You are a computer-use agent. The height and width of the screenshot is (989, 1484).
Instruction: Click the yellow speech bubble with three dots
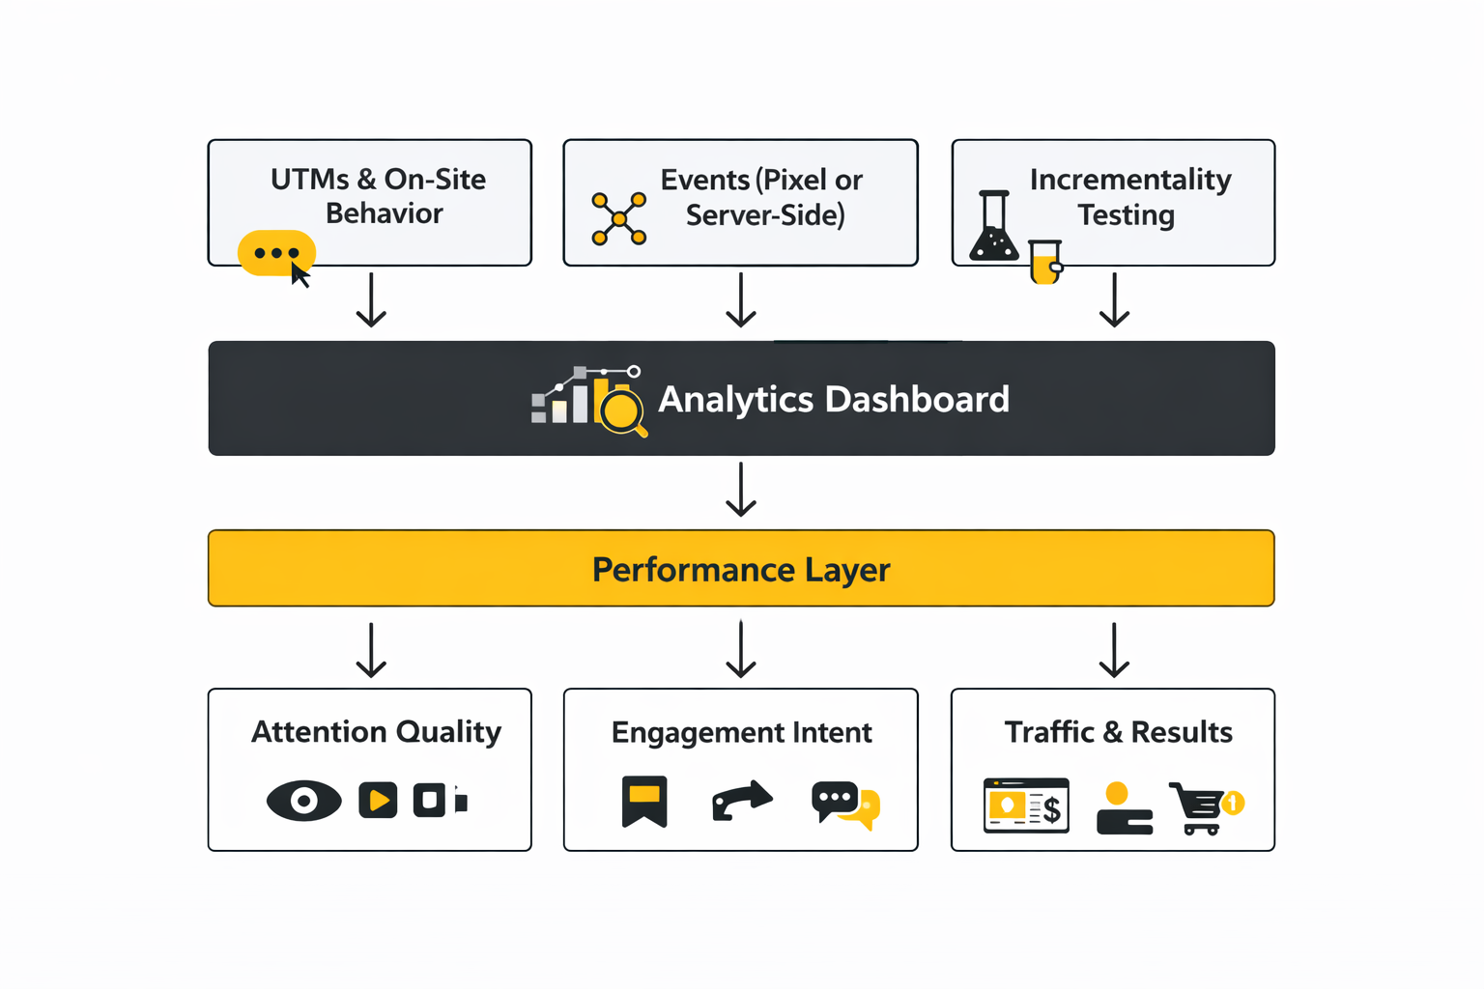[x=276, y=253]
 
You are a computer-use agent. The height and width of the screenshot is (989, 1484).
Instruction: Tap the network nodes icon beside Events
[x=618, y=218]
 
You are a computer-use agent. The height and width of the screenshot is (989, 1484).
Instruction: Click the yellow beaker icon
[x=1044, y=262]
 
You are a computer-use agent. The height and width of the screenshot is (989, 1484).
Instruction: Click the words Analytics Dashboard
[x=833, y=399]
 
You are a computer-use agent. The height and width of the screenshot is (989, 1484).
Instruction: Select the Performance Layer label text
[x=740, y=569]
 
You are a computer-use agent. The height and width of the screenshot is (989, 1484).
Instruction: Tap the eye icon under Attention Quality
[x=303, y=801]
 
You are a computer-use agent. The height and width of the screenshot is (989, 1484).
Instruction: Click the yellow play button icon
[x=378, y=801]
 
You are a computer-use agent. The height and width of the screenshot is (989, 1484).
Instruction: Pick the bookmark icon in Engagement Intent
[x=644, y=802]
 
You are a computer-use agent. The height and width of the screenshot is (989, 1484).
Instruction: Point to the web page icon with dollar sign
[x=1026, y=805]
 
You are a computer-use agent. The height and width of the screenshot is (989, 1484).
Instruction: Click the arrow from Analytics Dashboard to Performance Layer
[x=741, y=490]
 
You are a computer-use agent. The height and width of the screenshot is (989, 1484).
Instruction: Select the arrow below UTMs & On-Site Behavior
[x=371, y=300]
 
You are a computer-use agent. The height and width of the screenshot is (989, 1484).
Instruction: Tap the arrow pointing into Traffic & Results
[x=1114, y=650]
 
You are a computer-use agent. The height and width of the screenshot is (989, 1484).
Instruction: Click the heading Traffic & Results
[x=1118, y=732]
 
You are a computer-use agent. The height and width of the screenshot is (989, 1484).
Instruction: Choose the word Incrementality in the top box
[x=1130, y=181]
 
